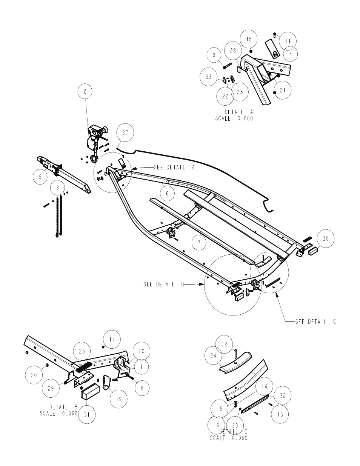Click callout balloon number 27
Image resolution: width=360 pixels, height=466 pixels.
125,132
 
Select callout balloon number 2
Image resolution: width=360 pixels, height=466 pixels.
85,91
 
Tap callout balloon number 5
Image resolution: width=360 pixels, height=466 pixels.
40,177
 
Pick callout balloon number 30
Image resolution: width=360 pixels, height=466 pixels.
325,238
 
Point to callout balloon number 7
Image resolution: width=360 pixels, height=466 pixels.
199,243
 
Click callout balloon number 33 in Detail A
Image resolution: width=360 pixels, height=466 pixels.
209,77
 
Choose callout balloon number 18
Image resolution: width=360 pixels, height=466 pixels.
249,39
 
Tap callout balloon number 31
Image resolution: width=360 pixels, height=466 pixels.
87,415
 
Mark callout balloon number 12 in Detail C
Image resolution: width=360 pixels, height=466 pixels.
224,344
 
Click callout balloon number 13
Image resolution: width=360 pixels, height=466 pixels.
280,414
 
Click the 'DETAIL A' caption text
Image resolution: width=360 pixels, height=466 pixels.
239,112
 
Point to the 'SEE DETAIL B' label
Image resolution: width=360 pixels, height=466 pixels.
164,285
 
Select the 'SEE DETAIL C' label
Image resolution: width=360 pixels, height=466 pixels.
315,322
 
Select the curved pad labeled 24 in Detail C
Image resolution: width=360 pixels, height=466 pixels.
235,363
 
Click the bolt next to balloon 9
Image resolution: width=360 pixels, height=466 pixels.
227,66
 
